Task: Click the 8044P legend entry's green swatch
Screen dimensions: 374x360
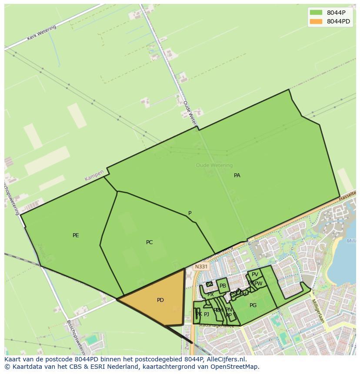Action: (316, 13)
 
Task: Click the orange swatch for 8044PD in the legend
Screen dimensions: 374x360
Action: (316, 21)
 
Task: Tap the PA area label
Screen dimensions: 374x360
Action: (237, 175)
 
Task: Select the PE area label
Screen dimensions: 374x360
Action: (76, 235)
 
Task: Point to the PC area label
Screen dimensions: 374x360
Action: (149, 242)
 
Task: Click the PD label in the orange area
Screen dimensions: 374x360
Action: (160, 300)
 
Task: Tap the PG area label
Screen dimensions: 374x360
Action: (253, 305)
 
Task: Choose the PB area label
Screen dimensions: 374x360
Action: (223, 286)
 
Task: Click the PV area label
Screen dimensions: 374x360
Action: (255, 275)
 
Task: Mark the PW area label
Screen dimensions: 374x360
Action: (259, 284)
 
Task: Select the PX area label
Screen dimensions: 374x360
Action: (210, 294)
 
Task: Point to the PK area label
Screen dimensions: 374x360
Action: (198, 314)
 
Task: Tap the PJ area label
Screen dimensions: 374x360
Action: (207, 314)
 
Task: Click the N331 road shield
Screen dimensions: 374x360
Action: (201, 267)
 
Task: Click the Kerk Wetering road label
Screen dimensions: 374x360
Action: (42, 33)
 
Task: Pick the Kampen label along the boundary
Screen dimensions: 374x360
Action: (94, 175)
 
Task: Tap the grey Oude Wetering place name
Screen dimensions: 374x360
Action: (214, 165)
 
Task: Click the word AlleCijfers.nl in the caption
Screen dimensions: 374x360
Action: (226, 359)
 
